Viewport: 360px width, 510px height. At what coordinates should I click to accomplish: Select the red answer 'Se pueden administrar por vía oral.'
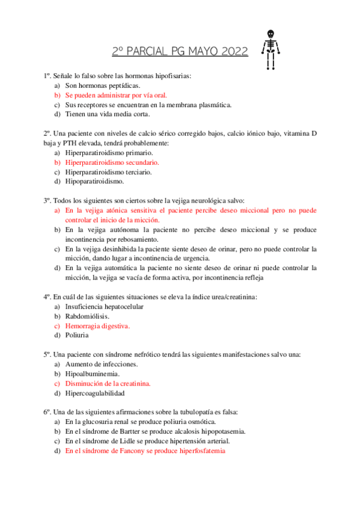116,95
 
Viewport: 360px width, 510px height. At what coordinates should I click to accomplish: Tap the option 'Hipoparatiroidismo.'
95,181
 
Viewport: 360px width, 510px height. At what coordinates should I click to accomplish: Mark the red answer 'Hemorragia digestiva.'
97,325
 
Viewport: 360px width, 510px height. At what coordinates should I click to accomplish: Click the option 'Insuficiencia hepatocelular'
105,306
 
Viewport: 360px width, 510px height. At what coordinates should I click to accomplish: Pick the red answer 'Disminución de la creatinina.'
108,383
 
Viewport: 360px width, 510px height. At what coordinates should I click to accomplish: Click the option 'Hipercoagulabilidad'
95,393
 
